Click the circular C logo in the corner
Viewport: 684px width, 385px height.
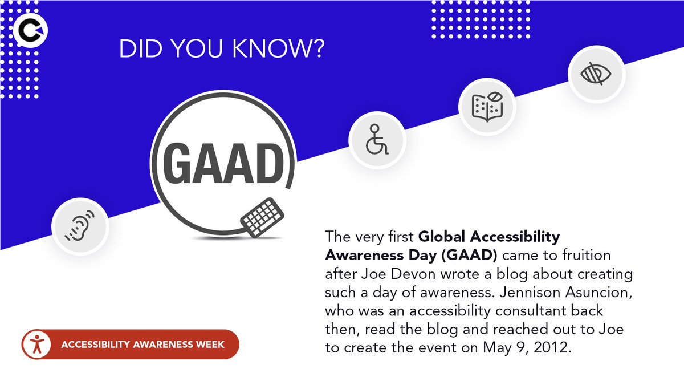(x=32, y=31)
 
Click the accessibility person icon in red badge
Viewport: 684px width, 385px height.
(x=38, y=345)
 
